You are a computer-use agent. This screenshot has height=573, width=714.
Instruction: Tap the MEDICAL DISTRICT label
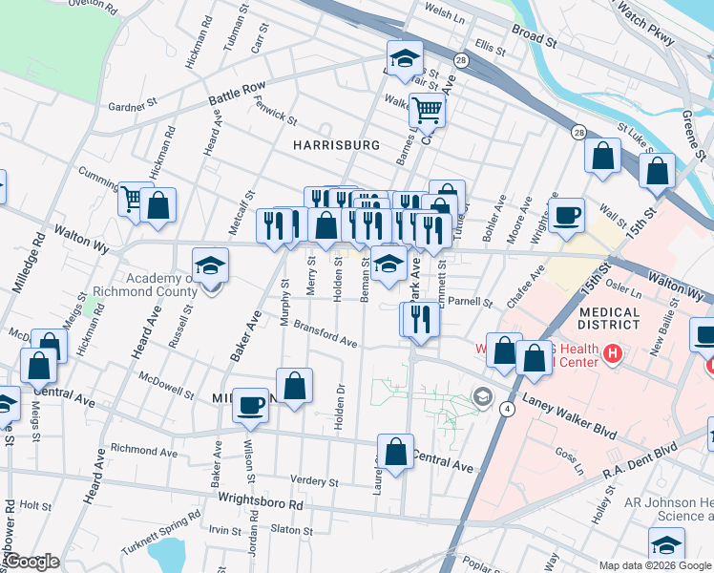click(609, 318)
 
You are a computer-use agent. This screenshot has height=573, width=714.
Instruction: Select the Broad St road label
click(534, 37)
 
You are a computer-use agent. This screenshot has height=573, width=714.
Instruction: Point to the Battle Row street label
click(239, 94)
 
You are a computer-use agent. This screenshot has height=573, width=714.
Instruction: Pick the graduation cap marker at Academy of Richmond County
click(211, 265)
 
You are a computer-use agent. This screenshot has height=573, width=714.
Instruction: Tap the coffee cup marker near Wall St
click(567, 215)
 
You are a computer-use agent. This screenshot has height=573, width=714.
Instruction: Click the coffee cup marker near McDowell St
click(251, 404)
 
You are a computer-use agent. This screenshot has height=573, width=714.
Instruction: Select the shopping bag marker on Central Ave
click(395, 452)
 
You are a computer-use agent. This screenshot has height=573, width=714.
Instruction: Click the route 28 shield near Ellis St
click(461, 60)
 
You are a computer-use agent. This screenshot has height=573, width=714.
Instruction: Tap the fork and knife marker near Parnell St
click(421, 320)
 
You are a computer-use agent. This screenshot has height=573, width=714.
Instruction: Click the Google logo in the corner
click(32, 562)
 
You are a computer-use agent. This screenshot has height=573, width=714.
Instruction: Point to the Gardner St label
click(131, 107)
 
